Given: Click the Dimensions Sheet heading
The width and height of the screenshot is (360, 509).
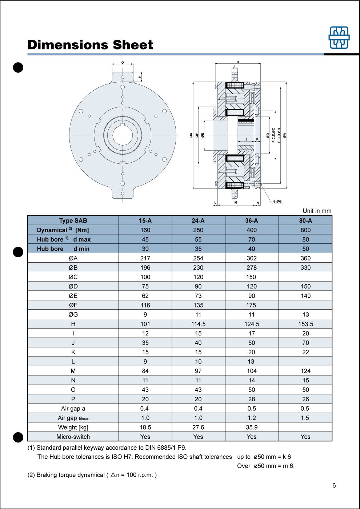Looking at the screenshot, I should (90, 45).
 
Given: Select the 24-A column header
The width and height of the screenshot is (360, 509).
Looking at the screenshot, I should (198, 220).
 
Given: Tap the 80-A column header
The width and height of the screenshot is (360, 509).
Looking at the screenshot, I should (305, 220).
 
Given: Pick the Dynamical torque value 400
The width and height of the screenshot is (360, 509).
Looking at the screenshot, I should (252, 230).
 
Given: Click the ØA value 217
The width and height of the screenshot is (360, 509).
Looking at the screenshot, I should (145, 258).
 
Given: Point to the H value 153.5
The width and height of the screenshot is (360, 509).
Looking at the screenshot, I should (305, 324).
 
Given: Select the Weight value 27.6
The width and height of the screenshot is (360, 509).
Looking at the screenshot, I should (198, 427).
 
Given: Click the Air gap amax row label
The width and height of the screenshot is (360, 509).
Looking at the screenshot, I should (73, 418).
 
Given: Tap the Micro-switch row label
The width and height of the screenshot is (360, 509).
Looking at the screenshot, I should (73, 437).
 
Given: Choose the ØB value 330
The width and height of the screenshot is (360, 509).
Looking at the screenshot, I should (305, 267).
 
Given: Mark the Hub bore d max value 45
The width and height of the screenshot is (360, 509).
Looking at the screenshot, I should (145, 239).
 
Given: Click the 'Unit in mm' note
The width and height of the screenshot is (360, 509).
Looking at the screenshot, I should (317, 211).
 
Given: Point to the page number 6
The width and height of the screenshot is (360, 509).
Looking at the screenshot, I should (334, 485).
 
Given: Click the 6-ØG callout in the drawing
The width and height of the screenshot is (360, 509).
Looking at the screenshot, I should (277, 201).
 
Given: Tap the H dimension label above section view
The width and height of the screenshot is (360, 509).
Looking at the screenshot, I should (238, 62).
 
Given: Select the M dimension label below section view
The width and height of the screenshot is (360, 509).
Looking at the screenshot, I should (236, 202).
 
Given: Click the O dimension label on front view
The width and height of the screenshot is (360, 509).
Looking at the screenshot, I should (123, 63).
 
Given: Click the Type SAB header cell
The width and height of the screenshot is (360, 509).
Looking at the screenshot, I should (73, 220).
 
